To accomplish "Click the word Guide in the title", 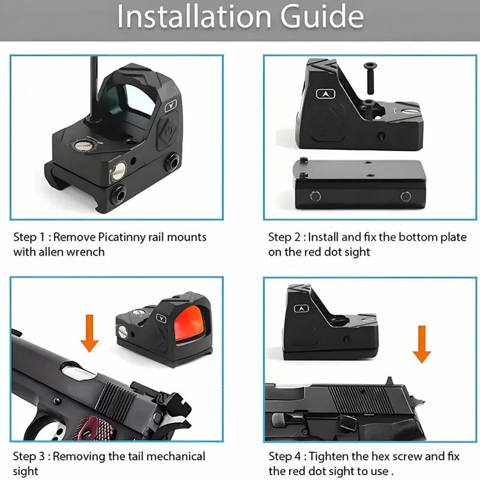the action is coord(322,16).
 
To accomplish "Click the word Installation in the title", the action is coord(194,16).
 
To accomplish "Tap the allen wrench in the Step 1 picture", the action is coord(95,89).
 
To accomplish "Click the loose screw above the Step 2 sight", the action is coord(370,78).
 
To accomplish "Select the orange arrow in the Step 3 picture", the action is coord(89,333).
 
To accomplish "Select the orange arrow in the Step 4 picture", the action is coord(422,344).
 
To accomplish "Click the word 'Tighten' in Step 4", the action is coord(328,457).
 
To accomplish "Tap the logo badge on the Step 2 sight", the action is coord(325,94).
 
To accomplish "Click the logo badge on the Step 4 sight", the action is coord(301,308).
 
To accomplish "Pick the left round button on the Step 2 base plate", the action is coord(316,196).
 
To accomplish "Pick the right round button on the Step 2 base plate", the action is coord(406,196).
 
